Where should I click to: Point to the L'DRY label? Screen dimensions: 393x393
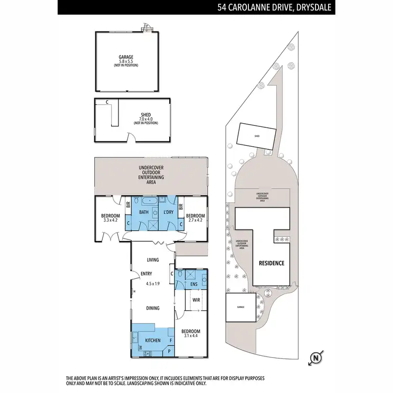169,213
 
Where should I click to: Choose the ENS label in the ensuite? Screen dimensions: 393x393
194,285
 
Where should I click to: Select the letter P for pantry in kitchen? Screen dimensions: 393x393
169,352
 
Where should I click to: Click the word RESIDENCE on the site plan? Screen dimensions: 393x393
271,263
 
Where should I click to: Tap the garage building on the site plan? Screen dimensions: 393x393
241,307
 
